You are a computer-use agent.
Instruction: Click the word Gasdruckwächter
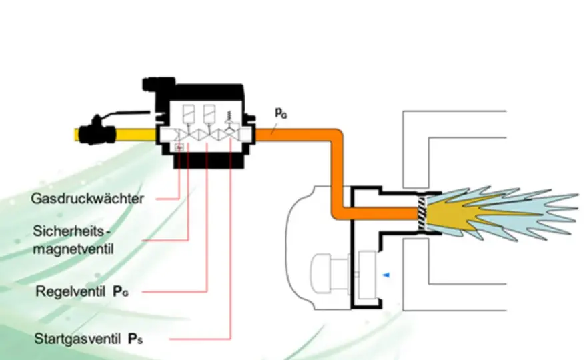(x=87, y=199)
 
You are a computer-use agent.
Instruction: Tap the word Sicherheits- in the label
(x=72, y=231)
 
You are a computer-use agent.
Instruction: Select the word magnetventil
(x=73, y=249)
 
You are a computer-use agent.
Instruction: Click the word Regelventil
(x=71, y=291)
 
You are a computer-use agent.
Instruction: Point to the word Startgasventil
(x=77, y=339)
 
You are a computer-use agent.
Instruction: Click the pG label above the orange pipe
(x=281, y=113)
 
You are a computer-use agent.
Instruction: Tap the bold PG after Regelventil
(x=121, y=291)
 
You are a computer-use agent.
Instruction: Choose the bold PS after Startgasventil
(x=135, y=339)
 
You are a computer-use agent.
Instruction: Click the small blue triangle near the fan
(x=386, y=275)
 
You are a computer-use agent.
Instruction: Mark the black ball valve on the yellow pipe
(x=97, y=131)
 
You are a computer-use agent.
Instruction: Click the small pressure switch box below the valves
(x=179, y=147)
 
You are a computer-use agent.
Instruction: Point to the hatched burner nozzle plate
(x=422, y=213)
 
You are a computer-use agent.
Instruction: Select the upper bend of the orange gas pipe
(x=336, y=135)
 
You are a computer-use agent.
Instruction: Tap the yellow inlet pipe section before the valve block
(x=135, y=135)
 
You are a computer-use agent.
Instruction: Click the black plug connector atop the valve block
(x=158, y=84)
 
